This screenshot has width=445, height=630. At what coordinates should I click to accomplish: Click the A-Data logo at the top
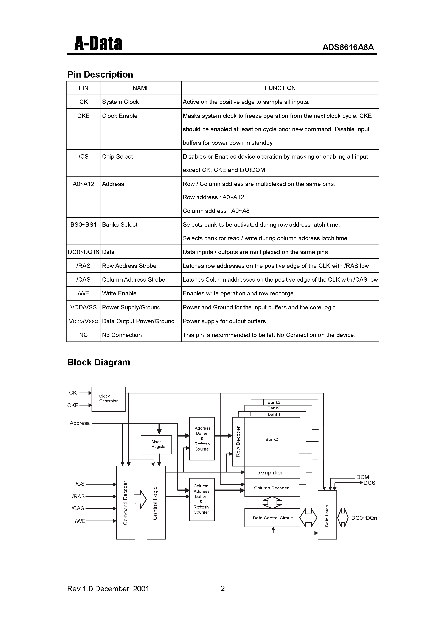click(x=98, y=44)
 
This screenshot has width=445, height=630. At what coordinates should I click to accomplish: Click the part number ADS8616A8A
click(x=348, y=47)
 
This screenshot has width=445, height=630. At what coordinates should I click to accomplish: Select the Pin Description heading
click(x=100, y=74)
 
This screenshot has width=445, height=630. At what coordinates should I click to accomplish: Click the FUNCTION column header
click(x=280, y=88)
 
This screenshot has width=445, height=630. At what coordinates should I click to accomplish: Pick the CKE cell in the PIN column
click(x=83, y=116)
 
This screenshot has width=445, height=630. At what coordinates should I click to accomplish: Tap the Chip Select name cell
click(x=117, y=156)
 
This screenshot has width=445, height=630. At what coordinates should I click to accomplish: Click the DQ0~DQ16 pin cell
click(x=83, y=252)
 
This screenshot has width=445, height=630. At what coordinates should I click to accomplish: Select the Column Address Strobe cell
click(x=134, y=280)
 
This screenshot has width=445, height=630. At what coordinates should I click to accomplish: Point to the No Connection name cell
click(x=122, y=335)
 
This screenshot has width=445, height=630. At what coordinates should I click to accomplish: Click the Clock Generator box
click(x=108, y=399)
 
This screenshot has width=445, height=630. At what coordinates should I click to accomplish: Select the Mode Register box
click(x=156, y=444)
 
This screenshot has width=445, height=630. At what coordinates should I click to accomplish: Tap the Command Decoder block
click(x=126, y=503)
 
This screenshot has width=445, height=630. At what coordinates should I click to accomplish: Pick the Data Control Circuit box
click(x=272, y=518)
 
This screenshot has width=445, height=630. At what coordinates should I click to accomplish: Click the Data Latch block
click(x=327, y=515)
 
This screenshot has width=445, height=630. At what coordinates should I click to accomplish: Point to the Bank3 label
click(x=274, y=402)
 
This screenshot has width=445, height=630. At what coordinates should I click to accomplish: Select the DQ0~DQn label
click(x=364, y=518)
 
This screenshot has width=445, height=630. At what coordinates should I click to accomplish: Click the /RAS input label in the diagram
click(x=78, y=496)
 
